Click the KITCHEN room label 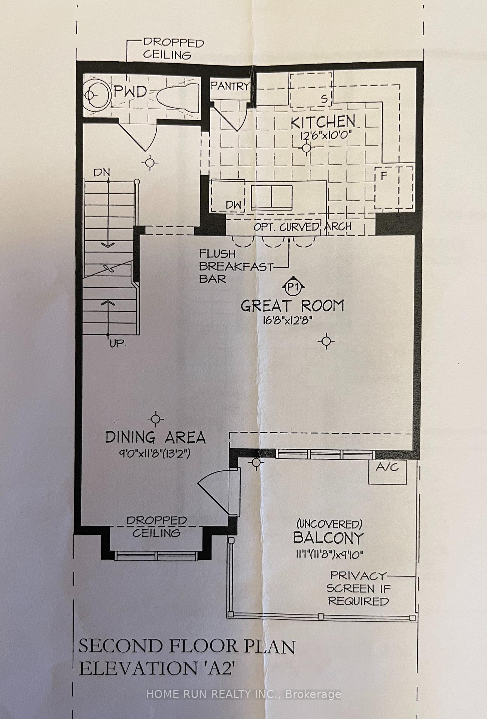(323, 122)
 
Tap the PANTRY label (230, 86)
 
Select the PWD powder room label (130, 92)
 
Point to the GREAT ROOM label (292, 306)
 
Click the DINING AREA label (155, 437)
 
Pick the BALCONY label (328, 538)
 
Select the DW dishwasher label (234, 205)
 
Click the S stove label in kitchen (324, 99)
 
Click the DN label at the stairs (102, 173)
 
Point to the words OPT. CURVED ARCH (302, 227)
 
